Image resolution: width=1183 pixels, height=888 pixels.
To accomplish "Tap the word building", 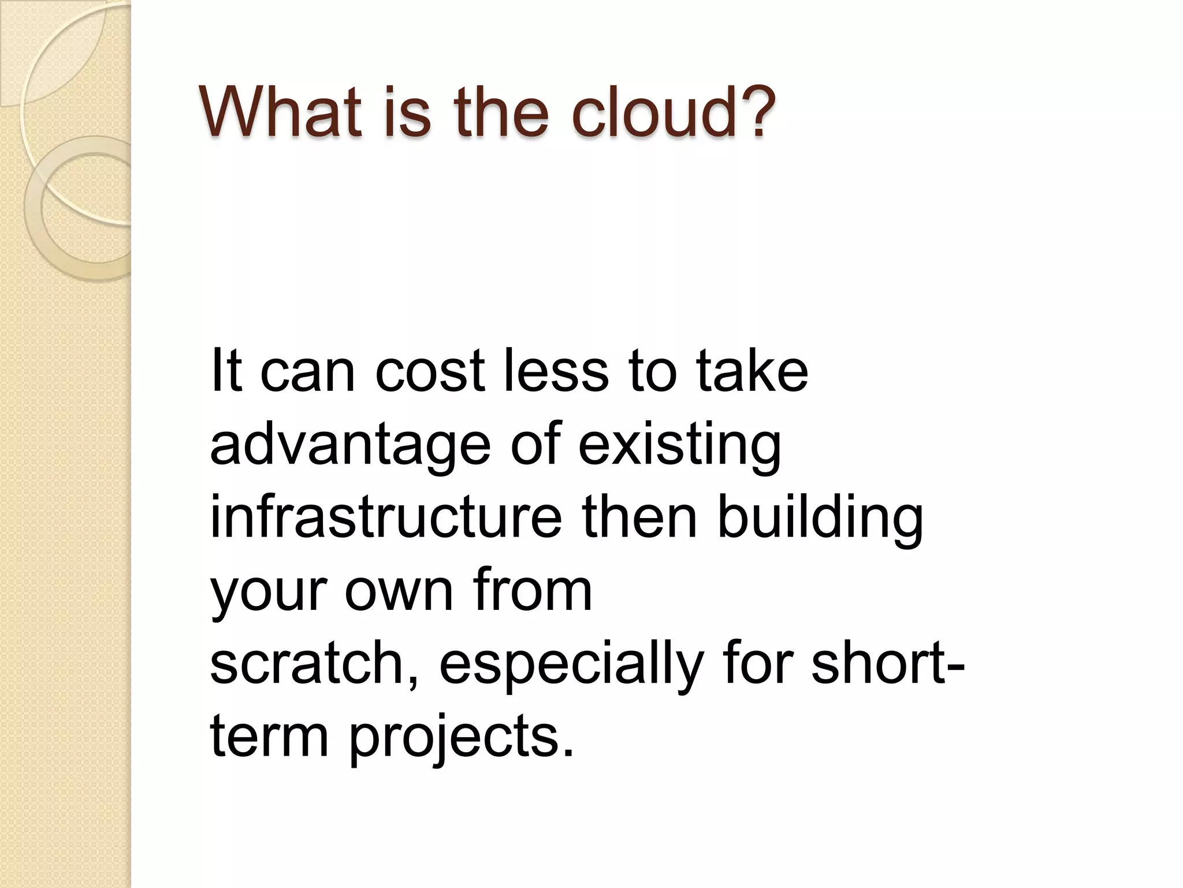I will [x=820, y=519].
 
